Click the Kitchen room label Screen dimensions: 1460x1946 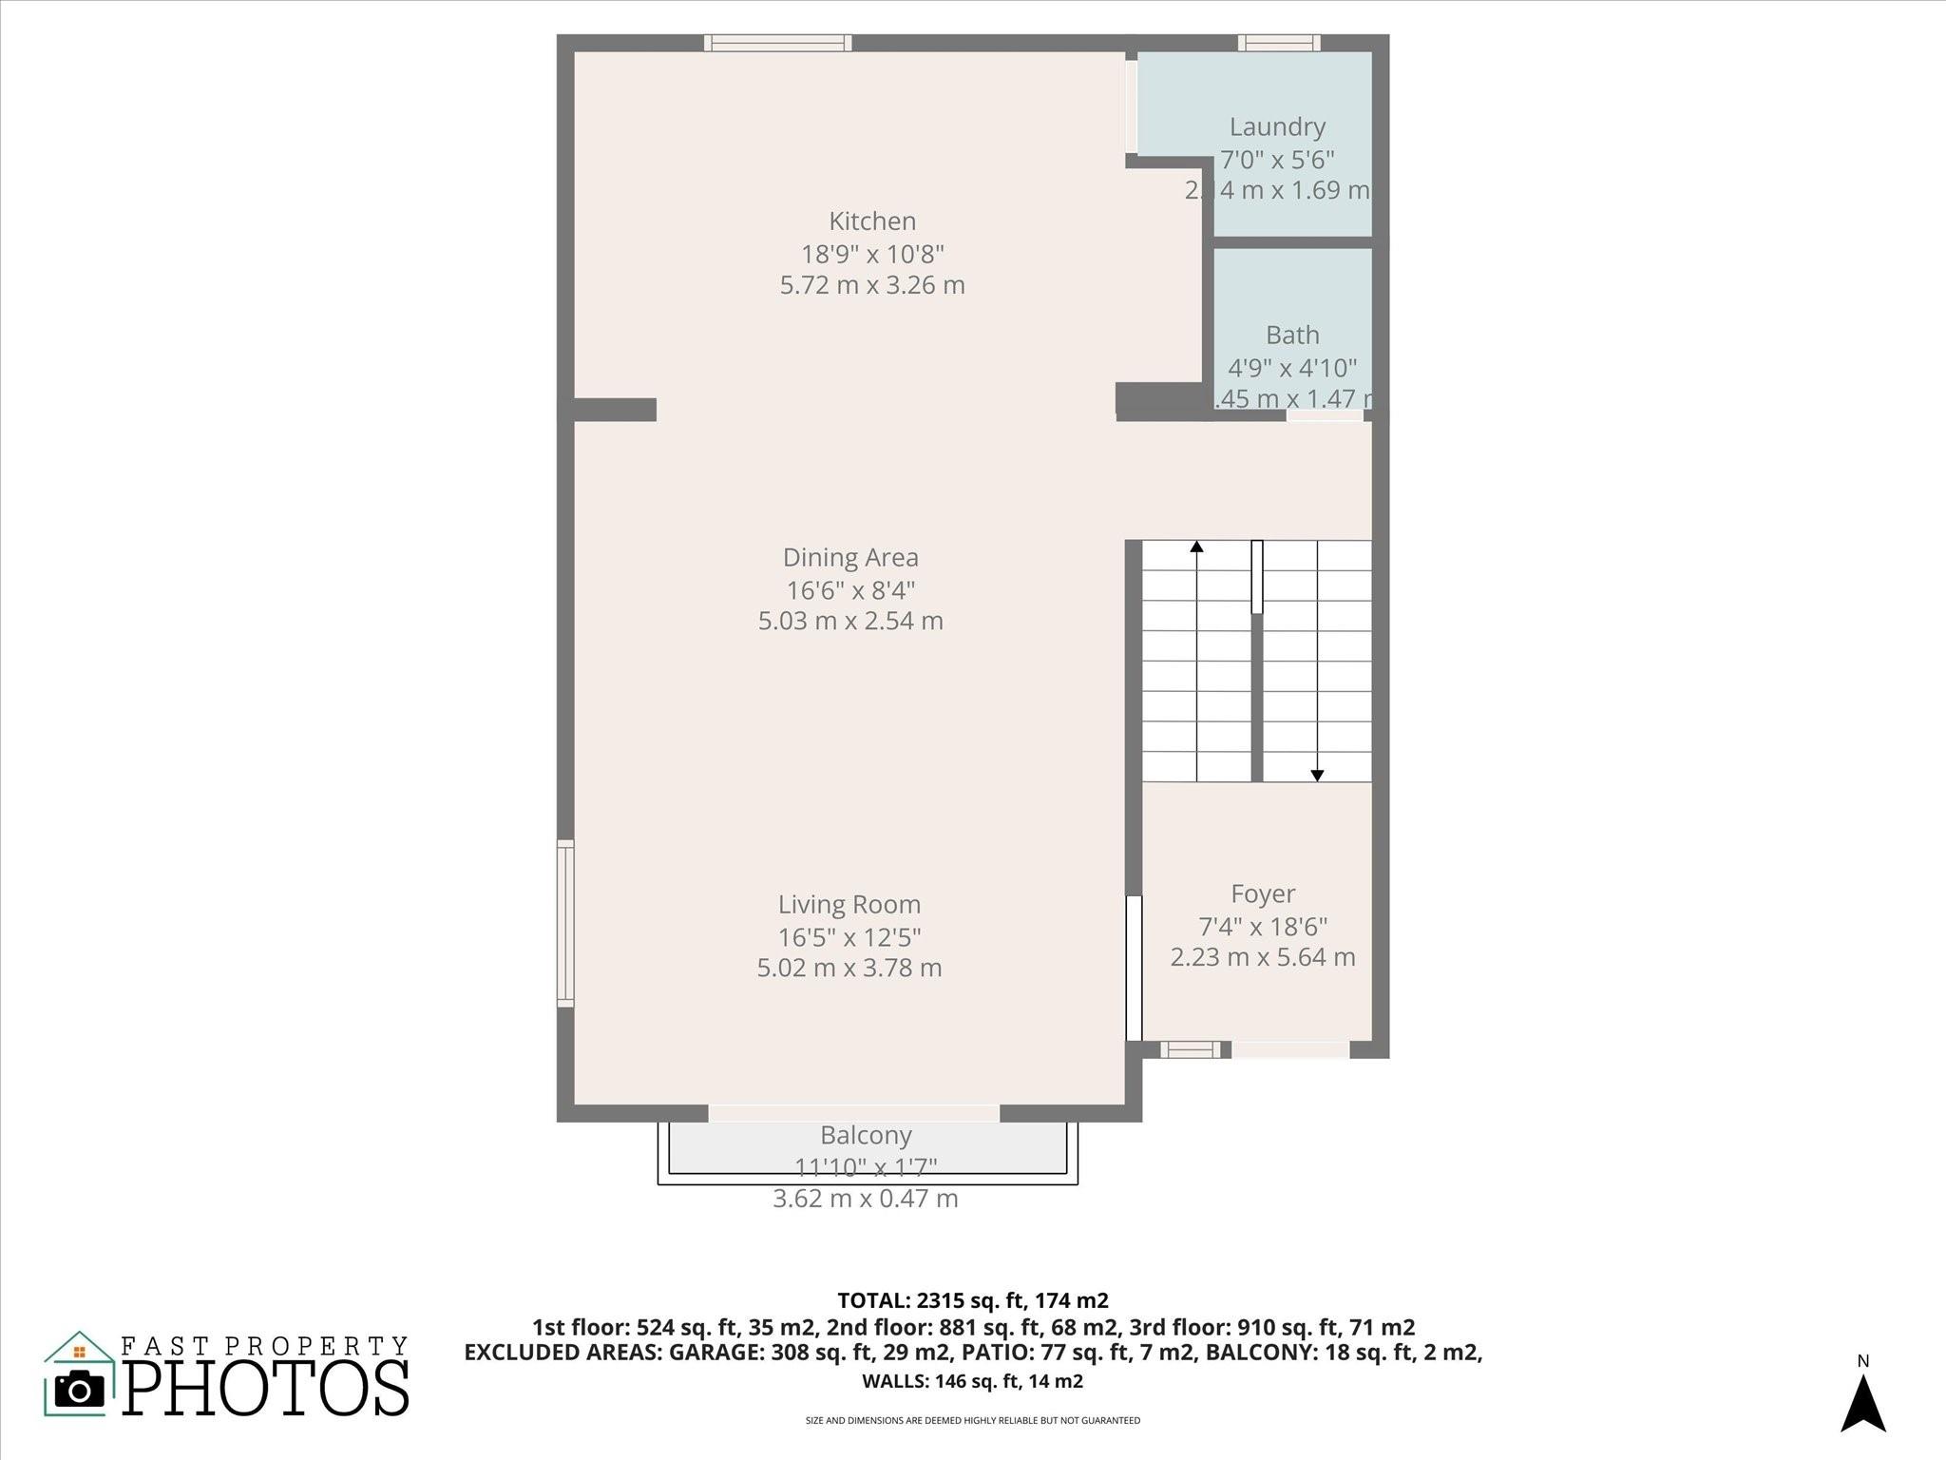[872, 221]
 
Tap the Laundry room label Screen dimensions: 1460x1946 [1277, 127]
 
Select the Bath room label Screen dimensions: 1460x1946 [1292, 336]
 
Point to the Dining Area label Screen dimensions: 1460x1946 [850, 558]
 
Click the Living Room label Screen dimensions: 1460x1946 [849, 905]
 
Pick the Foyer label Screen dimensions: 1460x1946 [1263, 894]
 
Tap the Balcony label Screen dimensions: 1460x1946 [866, 1136]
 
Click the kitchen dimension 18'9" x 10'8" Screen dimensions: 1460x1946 [872, 255]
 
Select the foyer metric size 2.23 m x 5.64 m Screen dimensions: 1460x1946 [1263, 958]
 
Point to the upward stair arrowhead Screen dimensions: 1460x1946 [1196, 547]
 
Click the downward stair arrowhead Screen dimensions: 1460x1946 [1317, 776]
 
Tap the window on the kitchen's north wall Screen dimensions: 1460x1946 [777, 43]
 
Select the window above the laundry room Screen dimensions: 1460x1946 [1279, 43]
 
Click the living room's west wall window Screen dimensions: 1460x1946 [565, 923]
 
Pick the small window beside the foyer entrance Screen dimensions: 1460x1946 [1190, 1049]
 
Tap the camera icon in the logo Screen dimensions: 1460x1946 [80, 1390]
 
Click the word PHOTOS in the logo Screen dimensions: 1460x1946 [266, 1389]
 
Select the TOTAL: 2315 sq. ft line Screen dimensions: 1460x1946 [973, 1300]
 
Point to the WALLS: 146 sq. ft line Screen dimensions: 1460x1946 [973, 1381]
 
